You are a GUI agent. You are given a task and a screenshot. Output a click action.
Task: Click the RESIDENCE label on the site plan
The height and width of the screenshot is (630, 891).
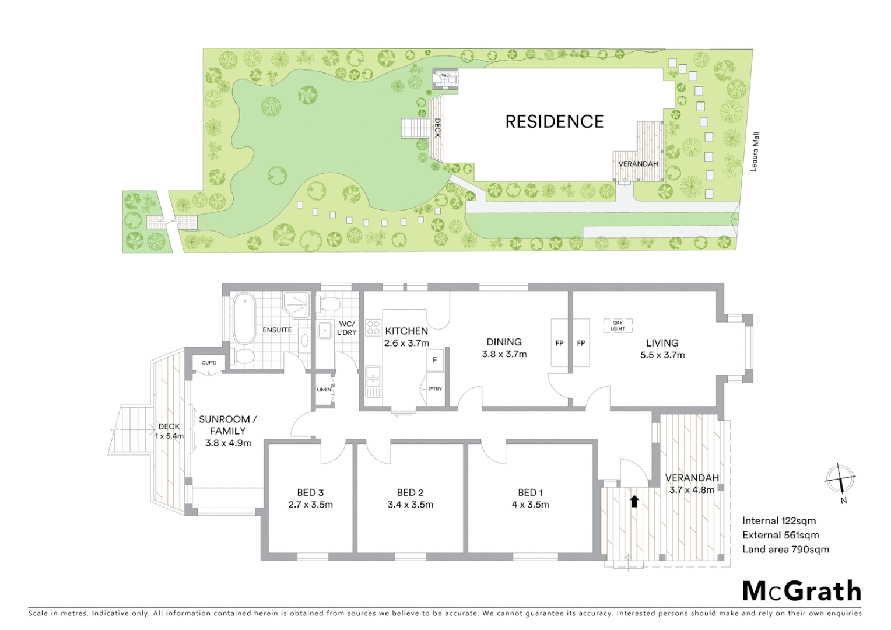(x=554, y=121)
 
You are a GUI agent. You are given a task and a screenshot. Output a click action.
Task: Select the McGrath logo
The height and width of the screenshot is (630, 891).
(x=801, y=591)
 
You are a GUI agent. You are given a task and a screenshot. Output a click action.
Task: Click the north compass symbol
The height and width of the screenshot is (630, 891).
(x=840, y=480)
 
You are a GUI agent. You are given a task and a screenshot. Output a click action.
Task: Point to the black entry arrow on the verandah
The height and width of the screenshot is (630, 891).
(x=634, y=501)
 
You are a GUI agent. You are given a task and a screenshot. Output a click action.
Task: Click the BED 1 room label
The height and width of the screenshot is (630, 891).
(x=530, y=493)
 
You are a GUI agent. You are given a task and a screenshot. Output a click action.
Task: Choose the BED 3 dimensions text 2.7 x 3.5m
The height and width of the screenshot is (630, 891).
(x=310, y=505)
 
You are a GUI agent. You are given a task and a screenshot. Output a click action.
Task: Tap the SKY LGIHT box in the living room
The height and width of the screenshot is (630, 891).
(x=618, y=325)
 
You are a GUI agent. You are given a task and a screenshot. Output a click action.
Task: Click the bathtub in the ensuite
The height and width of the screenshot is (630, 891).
(x=244, y=318)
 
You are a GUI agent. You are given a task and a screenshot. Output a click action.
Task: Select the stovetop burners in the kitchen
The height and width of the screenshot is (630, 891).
(x=373, y=328)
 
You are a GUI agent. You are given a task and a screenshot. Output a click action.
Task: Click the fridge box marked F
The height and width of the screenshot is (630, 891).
(x=434, y=360)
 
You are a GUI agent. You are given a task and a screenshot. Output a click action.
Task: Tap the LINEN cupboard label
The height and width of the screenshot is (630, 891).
(x=324, y=390)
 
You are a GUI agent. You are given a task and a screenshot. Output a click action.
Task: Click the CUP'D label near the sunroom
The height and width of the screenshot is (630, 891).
(x=209, y=363)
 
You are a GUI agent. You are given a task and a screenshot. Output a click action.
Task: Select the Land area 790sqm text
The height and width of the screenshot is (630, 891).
(x=785, y=549)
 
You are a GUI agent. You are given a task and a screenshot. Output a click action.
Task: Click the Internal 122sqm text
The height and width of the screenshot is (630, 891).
(x=778, y=521)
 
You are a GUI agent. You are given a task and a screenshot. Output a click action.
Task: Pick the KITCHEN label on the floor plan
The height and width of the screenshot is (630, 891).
(x=406, y=331)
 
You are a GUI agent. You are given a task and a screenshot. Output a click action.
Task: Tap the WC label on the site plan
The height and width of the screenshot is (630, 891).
(x=445, y=75)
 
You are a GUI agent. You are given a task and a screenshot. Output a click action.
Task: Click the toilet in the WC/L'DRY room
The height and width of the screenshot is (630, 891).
(x=330, y=304)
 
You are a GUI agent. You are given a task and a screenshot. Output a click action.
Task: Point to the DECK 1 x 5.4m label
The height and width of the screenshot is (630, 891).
(x=170, y=431)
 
